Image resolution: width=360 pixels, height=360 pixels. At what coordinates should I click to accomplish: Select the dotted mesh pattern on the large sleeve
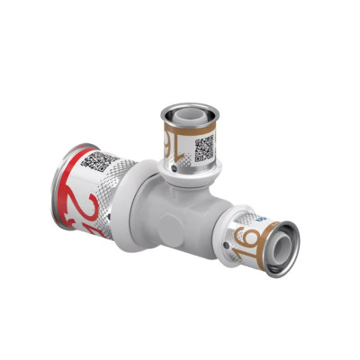click(x=112, y=193)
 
